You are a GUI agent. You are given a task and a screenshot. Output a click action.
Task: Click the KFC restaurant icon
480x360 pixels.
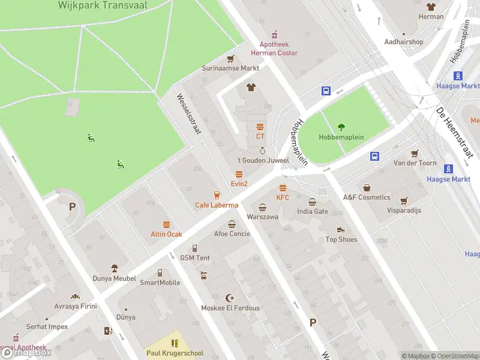tap(283, 188)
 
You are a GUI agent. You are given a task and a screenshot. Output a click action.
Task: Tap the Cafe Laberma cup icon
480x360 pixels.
tap(217, 195)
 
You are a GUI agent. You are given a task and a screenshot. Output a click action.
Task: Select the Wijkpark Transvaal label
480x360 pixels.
tap(103, 5)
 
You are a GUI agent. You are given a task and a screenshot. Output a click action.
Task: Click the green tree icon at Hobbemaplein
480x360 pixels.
tap(341, 127)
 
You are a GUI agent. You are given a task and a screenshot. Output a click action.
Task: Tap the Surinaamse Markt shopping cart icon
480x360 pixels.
tap(230, 59)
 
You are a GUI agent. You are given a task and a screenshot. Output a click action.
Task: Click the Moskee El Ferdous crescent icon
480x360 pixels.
tap(230, 298)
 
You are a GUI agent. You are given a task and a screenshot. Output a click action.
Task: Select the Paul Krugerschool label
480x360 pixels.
tap(175, 353)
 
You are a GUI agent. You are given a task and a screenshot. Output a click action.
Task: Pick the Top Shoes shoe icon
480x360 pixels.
tap(341, 230)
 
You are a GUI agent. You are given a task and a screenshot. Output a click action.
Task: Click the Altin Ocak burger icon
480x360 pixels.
tap(166, 224)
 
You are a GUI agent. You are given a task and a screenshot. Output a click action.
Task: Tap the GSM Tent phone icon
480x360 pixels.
tap(195, 248)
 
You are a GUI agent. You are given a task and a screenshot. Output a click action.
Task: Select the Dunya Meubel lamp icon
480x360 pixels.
tap(114, 268)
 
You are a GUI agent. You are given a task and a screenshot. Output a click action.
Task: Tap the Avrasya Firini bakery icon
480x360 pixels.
tap(75, 296)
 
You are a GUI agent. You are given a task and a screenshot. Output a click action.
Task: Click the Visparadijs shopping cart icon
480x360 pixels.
tap(404, 201)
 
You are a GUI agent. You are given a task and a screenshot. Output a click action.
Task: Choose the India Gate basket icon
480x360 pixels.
tap(313, 202)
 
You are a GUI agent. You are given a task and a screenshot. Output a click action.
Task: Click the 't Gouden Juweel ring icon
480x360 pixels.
tap(262, 151)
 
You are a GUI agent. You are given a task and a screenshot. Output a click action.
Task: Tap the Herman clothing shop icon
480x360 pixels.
tap(431, 7)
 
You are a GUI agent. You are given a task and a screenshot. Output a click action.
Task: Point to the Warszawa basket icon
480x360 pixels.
tap(262, 207)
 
